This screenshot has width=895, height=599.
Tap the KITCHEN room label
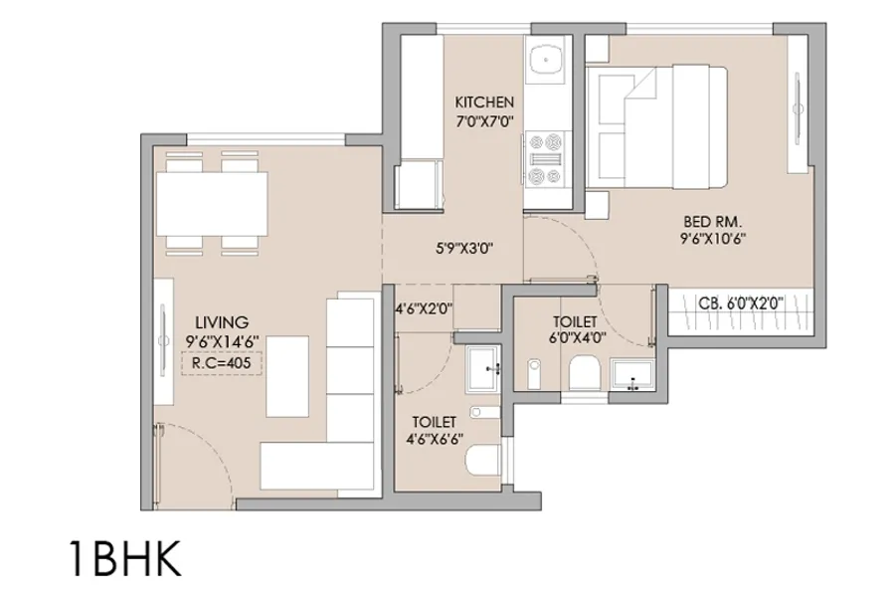484,102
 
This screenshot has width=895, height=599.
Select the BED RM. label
713,220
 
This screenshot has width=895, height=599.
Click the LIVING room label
220,321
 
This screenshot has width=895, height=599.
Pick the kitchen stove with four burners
546,159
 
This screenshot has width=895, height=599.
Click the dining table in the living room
211,202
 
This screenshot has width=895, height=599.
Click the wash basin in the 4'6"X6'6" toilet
485,370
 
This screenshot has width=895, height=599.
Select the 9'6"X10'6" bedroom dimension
713,238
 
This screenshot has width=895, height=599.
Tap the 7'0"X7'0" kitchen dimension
484,120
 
